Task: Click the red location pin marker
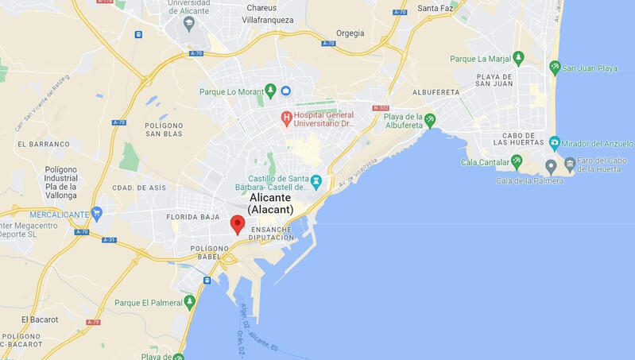(237, 223)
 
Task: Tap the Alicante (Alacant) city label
(270, 203)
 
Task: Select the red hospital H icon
(287, 118)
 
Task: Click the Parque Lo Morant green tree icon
(270, 90)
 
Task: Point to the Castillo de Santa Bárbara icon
(316, 181)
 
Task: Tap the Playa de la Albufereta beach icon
(430, 120)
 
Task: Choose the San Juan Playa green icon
(555, 68)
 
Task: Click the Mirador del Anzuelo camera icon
(555, 143)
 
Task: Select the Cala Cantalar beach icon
(517, 162)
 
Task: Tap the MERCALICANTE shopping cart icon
(97, 214)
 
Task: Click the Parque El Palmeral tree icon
(189, 302)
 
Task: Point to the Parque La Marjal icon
(518, 58)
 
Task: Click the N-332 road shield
(381, 107)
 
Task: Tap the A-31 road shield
(110, 239)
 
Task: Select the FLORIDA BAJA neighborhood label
(192, 216)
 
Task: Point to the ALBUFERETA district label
(436, 92)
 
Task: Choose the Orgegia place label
(350, 33)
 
